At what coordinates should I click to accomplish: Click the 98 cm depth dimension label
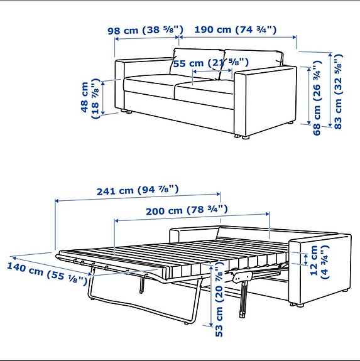click(145, 30)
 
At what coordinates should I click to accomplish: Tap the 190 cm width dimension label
click(236, 30)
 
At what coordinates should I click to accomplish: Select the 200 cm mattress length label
click(186, 211)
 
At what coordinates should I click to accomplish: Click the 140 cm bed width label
click(46, 273)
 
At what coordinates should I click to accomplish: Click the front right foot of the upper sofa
click(243, 136)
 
